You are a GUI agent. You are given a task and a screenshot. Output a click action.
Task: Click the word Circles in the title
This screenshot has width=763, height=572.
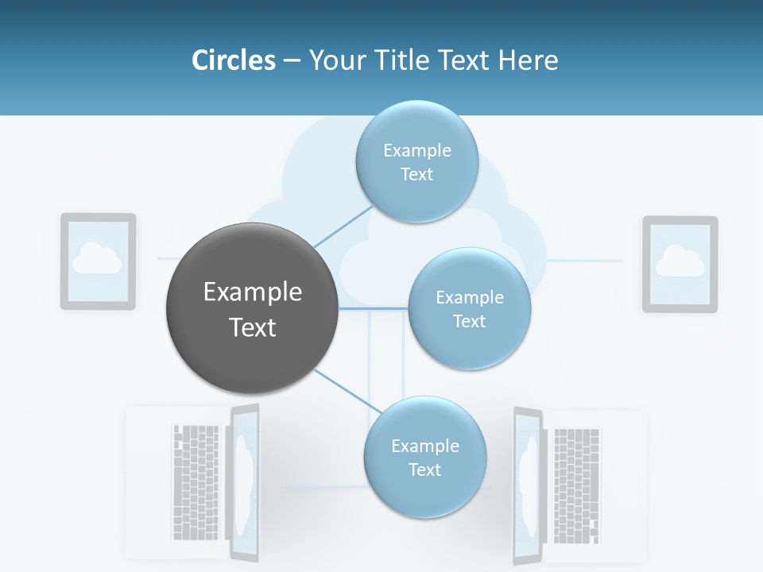[233, 60]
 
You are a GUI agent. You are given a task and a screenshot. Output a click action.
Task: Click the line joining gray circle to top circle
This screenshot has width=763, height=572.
[342, 226]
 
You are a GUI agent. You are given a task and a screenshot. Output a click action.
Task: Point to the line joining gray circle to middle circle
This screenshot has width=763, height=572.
[374, 308]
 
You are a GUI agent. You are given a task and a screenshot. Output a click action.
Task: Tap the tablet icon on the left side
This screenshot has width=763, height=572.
[99, 261]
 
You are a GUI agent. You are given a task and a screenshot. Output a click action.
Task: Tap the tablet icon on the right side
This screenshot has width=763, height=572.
[680, 264]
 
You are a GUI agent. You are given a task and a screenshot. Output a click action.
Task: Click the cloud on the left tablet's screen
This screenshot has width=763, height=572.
[97, 258]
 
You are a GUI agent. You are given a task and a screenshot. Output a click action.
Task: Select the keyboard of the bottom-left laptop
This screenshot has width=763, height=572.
[195, 481]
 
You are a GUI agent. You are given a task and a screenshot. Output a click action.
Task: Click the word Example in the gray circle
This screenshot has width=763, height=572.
[253, 292]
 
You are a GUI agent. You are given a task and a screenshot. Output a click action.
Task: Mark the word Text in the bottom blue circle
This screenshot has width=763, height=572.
[424, 470]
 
